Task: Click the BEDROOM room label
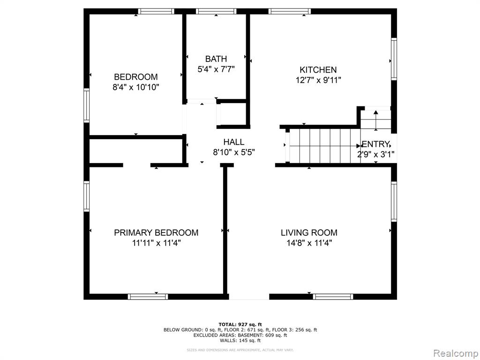pyautogui.click(x=136, y=76)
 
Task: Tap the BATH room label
pyautogui.click(x=216, y=59)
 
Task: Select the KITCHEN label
pyautogui.click(x=318, y=70)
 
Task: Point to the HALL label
pyautogui.click(x=234, y=142)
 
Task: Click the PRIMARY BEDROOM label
pyautogui.click(x=156, y=232)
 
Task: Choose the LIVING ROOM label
pyautogui.click(x=309, y=232)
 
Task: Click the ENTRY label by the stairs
pyautogui.click(x=375, y=144)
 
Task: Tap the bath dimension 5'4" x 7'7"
pyautogui.click(x=216, y=69)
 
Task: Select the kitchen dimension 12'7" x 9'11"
pyautogui.click(x=318, y=80)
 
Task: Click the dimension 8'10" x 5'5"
pyautogui.click(x=234, y=152)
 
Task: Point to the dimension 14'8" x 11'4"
pyautogui.click(x=309, y=243)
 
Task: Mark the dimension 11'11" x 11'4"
pyautogui.click(x=157, y=243)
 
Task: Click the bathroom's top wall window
pyautogui.click(x=216, y=11)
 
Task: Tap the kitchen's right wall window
pyautogui.click(x=394, y=59)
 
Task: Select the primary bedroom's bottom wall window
pyautogui.click(x=148, y=297)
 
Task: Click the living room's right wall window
pyautogui.click(x=394, y=202)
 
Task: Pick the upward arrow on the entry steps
pyautogui.click(x=375, y=120)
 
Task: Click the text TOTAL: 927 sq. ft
pyautogui.click(x=240, y=324)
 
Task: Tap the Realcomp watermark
pyautogui.click(x=456, y=353)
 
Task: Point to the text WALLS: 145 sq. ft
pyautogui.click(x=240, y=340)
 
